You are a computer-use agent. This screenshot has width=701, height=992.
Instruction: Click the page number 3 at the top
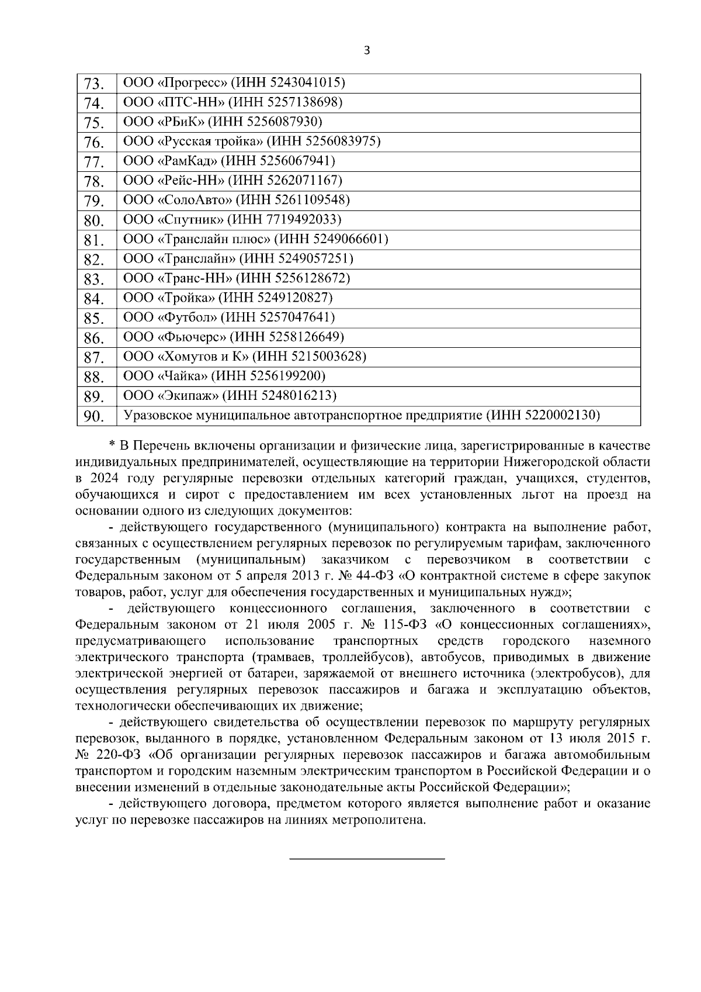coord(366,50)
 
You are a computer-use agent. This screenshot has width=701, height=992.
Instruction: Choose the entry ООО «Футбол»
coord(172,317)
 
